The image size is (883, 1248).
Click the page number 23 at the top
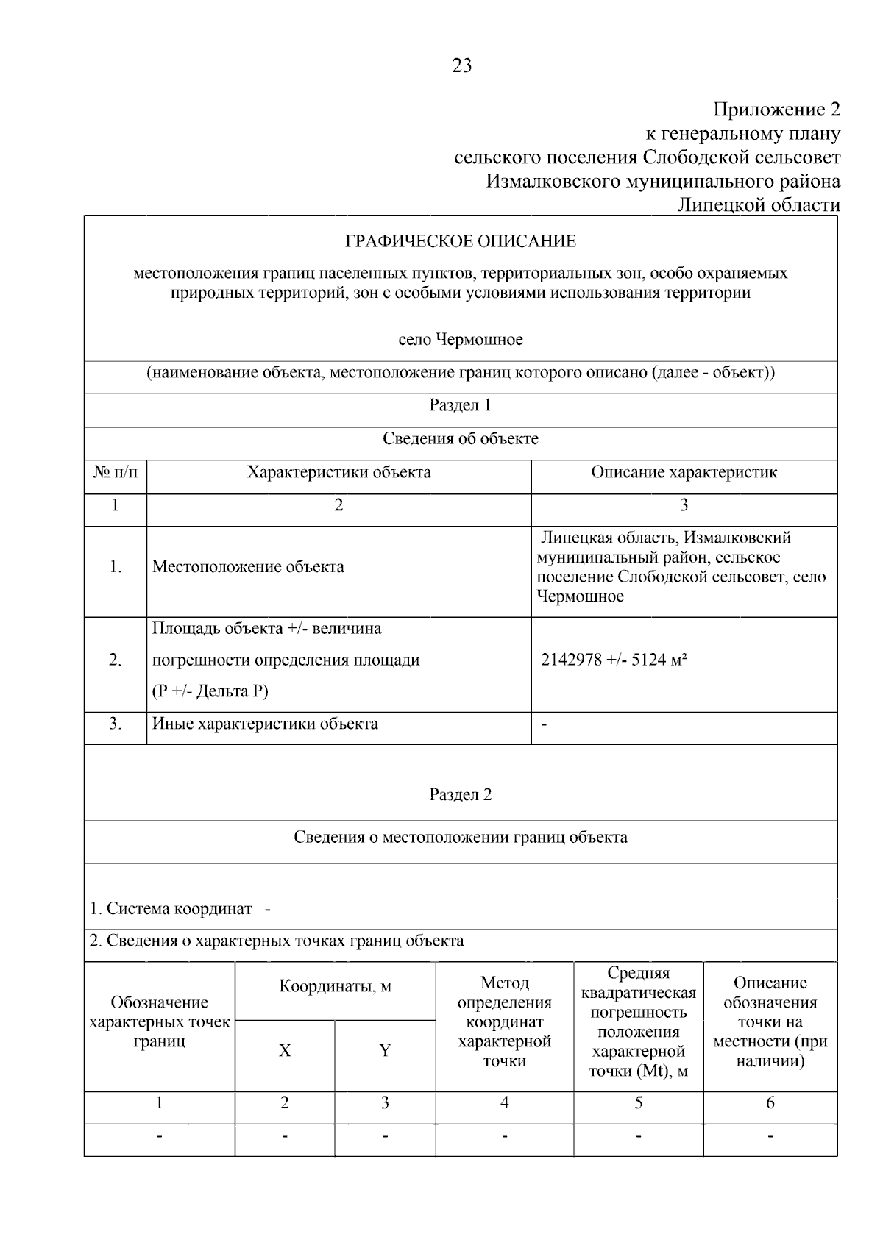point(461,66)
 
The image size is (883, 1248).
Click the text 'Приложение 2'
point(777,110)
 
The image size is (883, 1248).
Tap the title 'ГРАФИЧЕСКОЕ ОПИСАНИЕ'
point(461,241)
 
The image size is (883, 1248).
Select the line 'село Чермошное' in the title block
point(461,340)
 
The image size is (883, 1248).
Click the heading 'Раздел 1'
point(461,405)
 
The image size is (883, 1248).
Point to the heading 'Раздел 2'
point(461,794)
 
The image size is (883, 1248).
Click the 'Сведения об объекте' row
point(461,439)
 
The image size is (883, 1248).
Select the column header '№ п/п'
point(116,472)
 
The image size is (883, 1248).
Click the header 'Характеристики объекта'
point(338,472)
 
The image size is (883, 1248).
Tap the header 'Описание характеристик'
point(684,472)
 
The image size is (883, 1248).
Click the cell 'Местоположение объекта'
point(248,567)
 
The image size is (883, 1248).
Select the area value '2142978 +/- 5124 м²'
point(614,660)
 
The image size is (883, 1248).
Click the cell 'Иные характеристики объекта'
point(265,724)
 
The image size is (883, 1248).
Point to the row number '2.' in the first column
point(116,660)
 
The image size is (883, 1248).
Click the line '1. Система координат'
point(171,909)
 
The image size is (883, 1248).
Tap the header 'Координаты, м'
point(335,986)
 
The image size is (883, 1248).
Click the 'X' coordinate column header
point(285,1051)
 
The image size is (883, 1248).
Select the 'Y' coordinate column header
point(385,1051)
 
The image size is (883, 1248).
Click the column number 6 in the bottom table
point(770,1102)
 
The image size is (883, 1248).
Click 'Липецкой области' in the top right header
point(758,205)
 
